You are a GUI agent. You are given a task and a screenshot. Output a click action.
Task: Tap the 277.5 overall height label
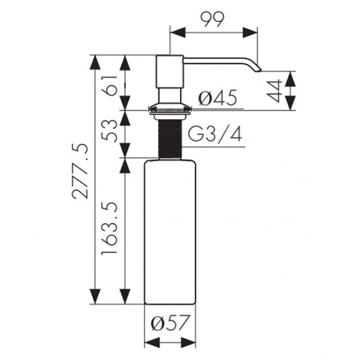80,171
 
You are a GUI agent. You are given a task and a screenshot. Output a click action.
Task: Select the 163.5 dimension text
109,228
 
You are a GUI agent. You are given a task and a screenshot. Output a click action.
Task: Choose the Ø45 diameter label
217,98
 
